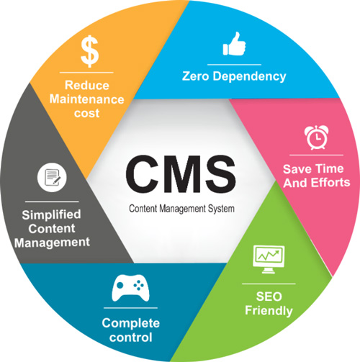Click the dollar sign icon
click(89, 51)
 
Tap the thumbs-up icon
click(234, 44)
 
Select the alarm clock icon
click(317, 137)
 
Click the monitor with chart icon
click(269, 259)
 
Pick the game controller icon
click(130, 288)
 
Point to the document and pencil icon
click(52, 177)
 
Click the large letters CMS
click(181, 174)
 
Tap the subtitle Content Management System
click(181, 209)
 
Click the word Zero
click(196, 76)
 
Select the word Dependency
click(249, 77)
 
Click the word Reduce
click(87, 85)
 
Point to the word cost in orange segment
click(86, 113)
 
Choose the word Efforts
click(330, 183)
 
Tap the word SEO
click(269, 297)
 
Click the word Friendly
click(269, 311)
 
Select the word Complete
click(131, 324)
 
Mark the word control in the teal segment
click(131, 338)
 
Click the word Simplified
click(51, 215)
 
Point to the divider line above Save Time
click(316, 155)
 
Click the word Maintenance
click(86, 99)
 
